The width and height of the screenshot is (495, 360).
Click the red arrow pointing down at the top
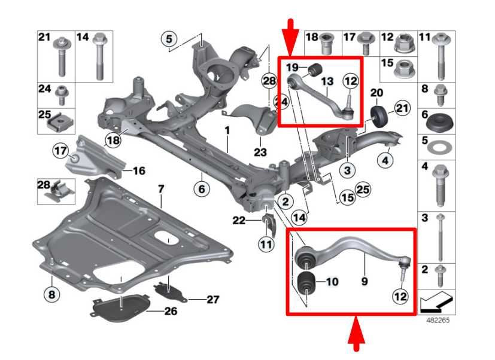tap(290, 37)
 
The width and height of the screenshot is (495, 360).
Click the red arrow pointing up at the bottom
tap(356, 334)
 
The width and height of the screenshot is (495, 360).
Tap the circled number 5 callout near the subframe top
tap(169, 39)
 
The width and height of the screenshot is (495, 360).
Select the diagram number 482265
tap(438, 320)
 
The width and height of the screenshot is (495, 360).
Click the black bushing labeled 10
tap(306, 282)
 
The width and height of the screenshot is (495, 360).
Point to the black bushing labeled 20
tap(378, 117)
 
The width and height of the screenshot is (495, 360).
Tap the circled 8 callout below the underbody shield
tap(51, 295)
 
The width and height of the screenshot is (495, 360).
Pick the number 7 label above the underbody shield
tap(161, 190)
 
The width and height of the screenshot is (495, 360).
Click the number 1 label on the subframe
tap(227, 130)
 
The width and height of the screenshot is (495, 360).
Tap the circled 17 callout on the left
tap(60, 151)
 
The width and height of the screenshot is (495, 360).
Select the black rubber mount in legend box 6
tap(439, 121)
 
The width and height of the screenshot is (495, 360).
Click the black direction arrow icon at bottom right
tap(436, 301)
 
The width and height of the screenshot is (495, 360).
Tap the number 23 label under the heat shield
tap(260, 152)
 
